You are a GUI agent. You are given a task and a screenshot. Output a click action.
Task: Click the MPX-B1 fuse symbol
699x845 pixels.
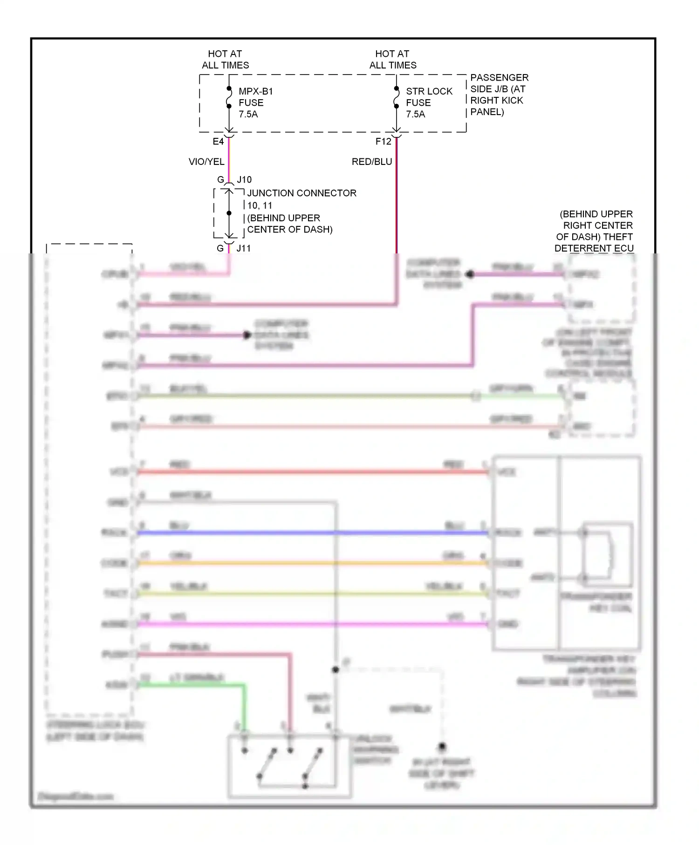click(229, 97)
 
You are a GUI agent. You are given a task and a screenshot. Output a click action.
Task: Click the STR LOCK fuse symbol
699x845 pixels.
click(396, 97)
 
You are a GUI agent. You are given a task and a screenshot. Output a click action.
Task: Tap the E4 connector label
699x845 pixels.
click(218, 142)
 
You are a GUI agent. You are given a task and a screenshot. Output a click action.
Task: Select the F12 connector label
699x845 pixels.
click(384, 142)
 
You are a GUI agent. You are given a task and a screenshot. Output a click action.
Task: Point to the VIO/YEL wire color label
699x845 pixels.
click(206, 162)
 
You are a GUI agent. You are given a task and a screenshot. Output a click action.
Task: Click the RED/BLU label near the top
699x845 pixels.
click(372, 162)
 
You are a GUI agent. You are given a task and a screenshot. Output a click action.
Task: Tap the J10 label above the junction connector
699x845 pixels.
click(244, 180)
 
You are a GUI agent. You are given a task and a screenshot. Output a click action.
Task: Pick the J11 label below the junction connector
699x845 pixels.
click(243, 248)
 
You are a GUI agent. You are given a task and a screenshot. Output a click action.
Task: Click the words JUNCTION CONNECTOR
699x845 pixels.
click(302, 193)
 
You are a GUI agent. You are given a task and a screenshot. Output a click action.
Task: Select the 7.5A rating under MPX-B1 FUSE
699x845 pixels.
click(248, 114)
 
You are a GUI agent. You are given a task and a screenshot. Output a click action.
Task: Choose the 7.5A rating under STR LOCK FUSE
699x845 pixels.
click(415, 114)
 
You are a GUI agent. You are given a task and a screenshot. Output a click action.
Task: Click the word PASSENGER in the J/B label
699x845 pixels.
click(499, 77)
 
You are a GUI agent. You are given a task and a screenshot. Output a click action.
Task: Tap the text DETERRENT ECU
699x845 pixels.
click(594, 248)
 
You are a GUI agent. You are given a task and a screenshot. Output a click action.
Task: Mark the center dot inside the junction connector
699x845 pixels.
click(229, 213)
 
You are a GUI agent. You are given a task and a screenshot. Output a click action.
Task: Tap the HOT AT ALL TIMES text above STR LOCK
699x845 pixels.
click(392, 60)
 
